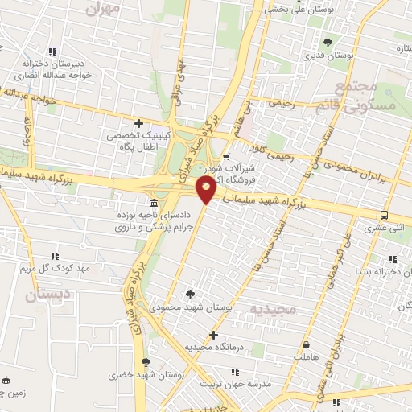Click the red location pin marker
pyautogui.click(x=206, y=189)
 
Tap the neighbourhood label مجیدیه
pyautogui.click(x=274, y=310)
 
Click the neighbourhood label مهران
pyautogui.click(x=105, y=8)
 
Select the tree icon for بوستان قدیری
pyautogui.click(x=327, y=43)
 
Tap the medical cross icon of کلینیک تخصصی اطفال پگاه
pyautogui.click(x=139, y=124)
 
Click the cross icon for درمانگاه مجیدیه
pyautogui.click(x=213, y=335)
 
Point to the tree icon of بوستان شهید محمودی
pyautogui.click(x=189, y=295)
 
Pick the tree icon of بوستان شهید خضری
pyautogui.click(x=146, y=362)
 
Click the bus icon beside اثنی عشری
pyautogui.click(x=384, y=215)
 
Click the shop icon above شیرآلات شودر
pyautogui.click(x=226, y=156)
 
